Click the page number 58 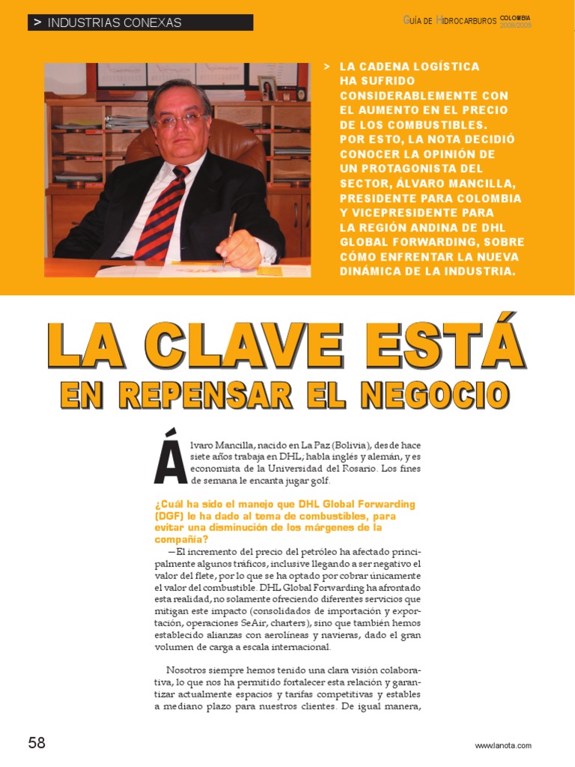pos(37,743)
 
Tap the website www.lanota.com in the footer pos(502,745)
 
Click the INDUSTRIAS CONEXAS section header pos(114,22)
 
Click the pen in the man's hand pos(228,236)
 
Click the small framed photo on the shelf pos(267,88)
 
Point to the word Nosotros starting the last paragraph pos(189,669)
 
